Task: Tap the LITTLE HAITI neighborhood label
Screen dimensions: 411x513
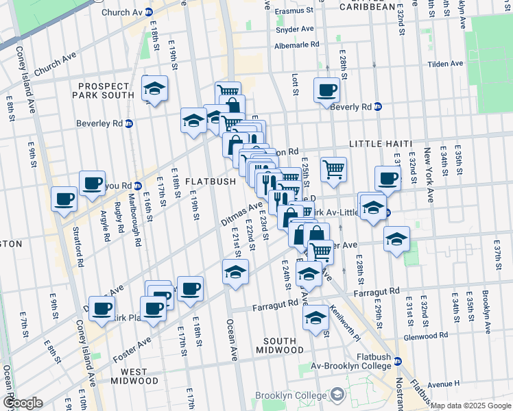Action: click(381, 144)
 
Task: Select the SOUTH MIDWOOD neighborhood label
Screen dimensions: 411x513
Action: click(279, 345)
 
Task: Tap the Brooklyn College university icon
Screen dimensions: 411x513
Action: click(337, 395)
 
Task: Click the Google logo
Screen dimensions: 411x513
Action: click(22, 403)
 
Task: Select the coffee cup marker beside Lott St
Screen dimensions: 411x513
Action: click(327, 90)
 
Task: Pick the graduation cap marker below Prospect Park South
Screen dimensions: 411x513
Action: click(155, 88)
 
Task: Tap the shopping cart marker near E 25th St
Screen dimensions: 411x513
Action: click(333, 168)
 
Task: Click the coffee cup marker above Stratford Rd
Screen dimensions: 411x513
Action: click(64, 199)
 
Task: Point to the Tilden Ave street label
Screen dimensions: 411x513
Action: click(447, 64)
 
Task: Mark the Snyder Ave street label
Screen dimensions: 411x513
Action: click(294, 29)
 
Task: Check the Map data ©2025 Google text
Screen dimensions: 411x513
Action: click(470, 406)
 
